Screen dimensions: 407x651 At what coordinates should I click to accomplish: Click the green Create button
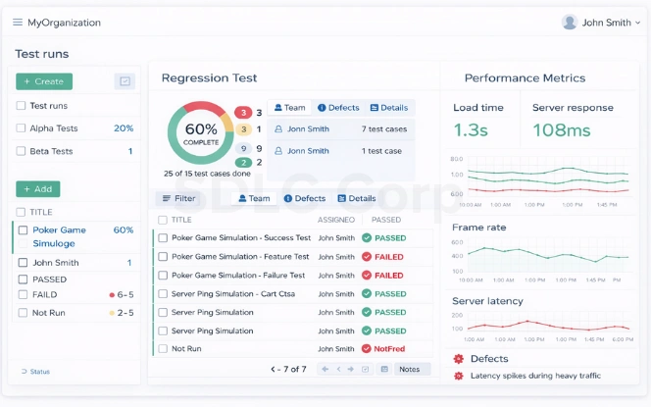pyautogui.click(x=43, y=81)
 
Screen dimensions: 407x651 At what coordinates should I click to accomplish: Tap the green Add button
pyautogui.click(x=37, y=189)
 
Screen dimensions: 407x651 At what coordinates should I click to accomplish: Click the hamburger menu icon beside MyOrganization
pyautogui.click(x=18, y=23)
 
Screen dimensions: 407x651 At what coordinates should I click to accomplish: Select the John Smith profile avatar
pyautogui.click(x=570, y=22)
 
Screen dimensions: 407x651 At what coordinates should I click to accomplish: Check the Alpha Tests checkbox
pyautogui.click(x=21, y=128)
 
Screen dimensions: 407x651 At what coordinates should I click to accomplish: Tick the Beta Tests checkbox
pyautogui.click(x=21, y=152)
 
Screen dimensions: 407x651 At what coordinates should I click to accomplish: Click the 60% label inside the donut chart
pyautogui.click(x=201, y=129)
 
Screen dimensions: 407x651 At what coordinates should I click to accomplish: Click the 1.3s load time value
pyautogui.click(x=470, y=130)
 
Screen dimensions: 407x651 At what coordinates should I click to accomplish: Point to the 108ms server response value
pyautogui.click(x=562, y=130)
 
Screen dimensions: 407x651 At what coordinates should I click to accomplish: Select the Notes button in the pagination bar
pyautogui.click(x=410, y=370)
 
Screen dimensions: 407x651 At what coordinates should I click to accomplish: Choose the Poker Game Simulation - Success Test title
pyautogui.click(x=240, y=238)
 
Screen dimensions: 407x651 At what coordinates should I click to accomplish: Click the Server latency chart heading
pyautogui.click(x=487, y=301)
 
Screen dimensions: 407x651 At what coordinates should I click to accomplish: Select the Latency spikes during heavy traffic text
pyautogui.click(x=535, y=376)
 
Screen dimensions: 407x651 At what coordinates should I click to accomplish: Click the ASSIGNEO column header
pyautogui.click(x=336, y=221)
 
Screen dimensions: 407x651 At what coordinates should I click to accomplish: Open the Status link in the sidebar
pyautogui.click(x=39, y=372)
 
